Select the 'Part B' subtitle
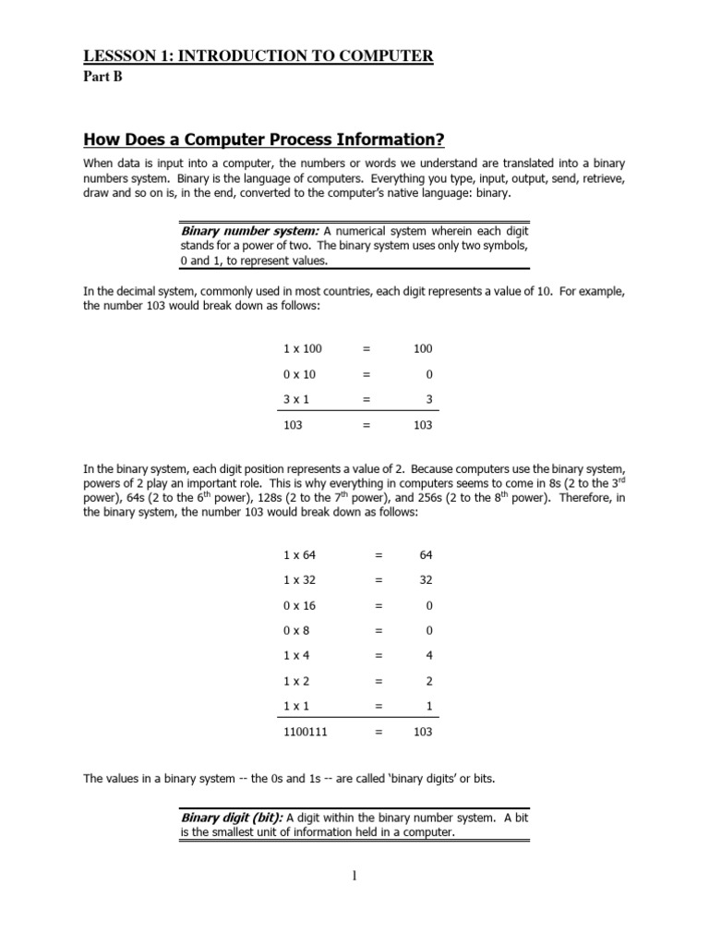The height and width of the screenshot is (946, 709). tap(102, 77)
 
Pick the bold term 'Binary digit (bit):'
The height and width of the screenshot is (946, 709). tap(232, 817)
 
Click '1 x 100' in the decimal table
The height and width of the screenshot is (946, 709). tap(303, 349)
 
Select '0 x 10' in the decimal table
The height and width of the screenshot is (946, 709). tap(300, 375)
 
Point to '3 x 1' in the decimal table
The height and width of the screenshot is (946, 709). tap(297, 400)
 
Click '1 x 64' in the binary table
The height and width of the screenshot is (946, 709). tap(300, 555)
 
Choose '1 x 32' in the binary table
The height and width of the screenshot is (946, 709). tap(300, 580)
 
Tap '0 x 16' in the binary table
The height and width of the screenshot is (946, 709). tap(300, 606)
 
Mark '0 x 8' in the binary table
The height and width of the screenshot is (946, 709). tap(297, 631)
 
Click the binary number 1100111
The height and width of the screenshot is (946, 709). tap(305, 732)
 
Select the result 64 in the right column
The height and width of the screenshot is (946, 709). tap(425, 555)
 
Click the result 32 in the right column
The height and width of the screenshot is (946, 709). tap(425, 580)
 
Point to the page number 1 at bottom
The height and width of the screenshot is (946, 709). tap(354, 877)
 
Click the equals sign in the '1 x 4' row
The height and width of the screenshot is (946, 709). tap(379, 656)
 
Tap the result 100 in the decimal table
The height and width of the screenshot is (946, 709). tap(422, 349)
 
